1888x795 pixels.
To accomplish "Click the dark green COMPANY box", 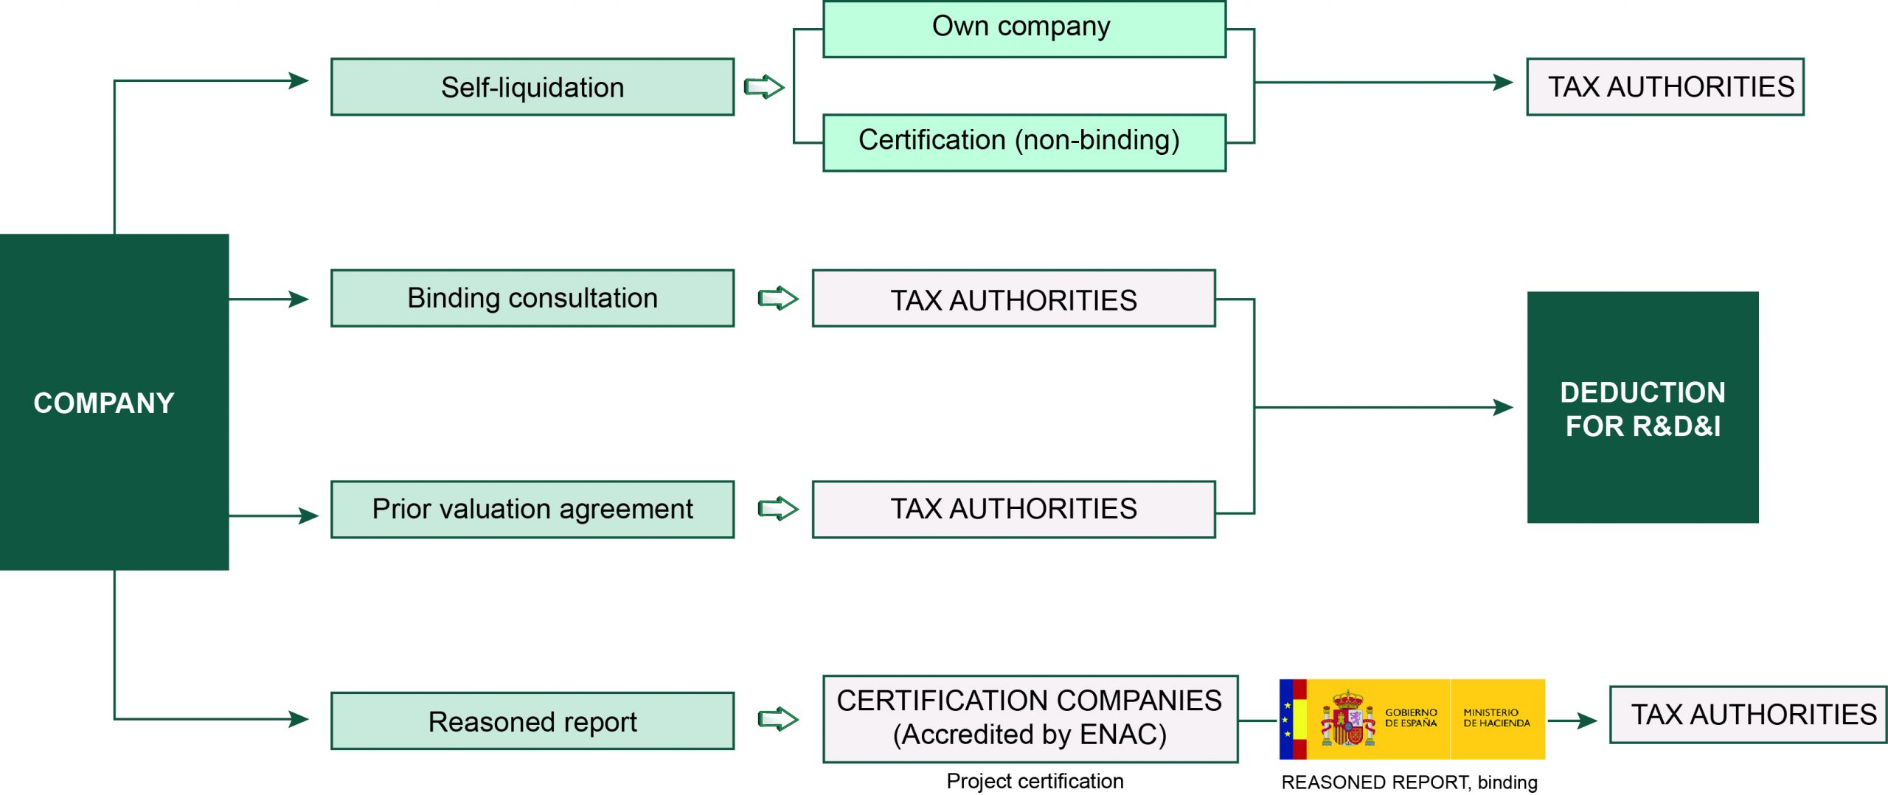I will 114,402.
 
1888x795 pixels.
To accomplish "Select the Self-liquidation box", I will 532,87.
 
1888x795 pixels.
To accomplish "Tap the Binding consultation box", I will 532,298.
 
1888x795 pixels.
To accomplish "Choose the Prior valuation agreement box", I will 532,509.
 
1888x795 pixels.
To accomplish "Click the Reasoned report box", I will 532,721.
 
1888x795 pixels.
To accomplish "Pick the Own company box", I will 1024,28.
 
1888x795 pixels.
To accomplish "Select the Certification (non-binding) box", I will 1024,142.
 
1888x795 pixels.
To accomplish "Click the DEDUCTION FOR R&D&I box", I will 1642,407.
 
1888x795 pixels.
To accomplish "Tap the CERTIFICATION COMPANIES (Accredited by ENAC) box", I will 1030,718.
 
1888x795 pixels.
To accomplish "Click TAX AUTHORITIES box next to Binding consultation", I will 1013,299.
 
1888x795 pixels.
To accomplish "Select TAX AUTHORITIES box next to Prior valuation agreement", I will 1013,509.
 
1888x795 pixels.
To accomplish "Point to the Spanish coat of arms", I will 1347,719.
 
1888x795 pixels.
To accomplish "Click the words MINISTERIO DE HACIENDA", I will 1496,718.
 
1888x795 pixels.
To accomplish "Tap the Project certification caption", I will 1035,781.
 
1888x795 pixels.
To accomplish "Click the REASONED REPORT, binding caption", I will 1409,782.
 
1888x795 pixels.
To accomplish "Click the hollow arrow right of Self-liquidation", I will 763,87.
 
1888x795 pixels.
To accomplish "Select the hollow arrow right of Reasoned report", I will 778,719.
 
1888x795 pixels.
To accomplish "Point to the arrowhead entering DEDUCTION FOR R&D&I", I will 1503,407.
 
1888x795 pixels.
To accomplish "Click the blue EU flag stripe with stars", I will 1286,719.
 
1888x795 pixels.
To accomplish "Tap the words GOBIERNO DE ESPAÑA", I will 1410,718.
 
